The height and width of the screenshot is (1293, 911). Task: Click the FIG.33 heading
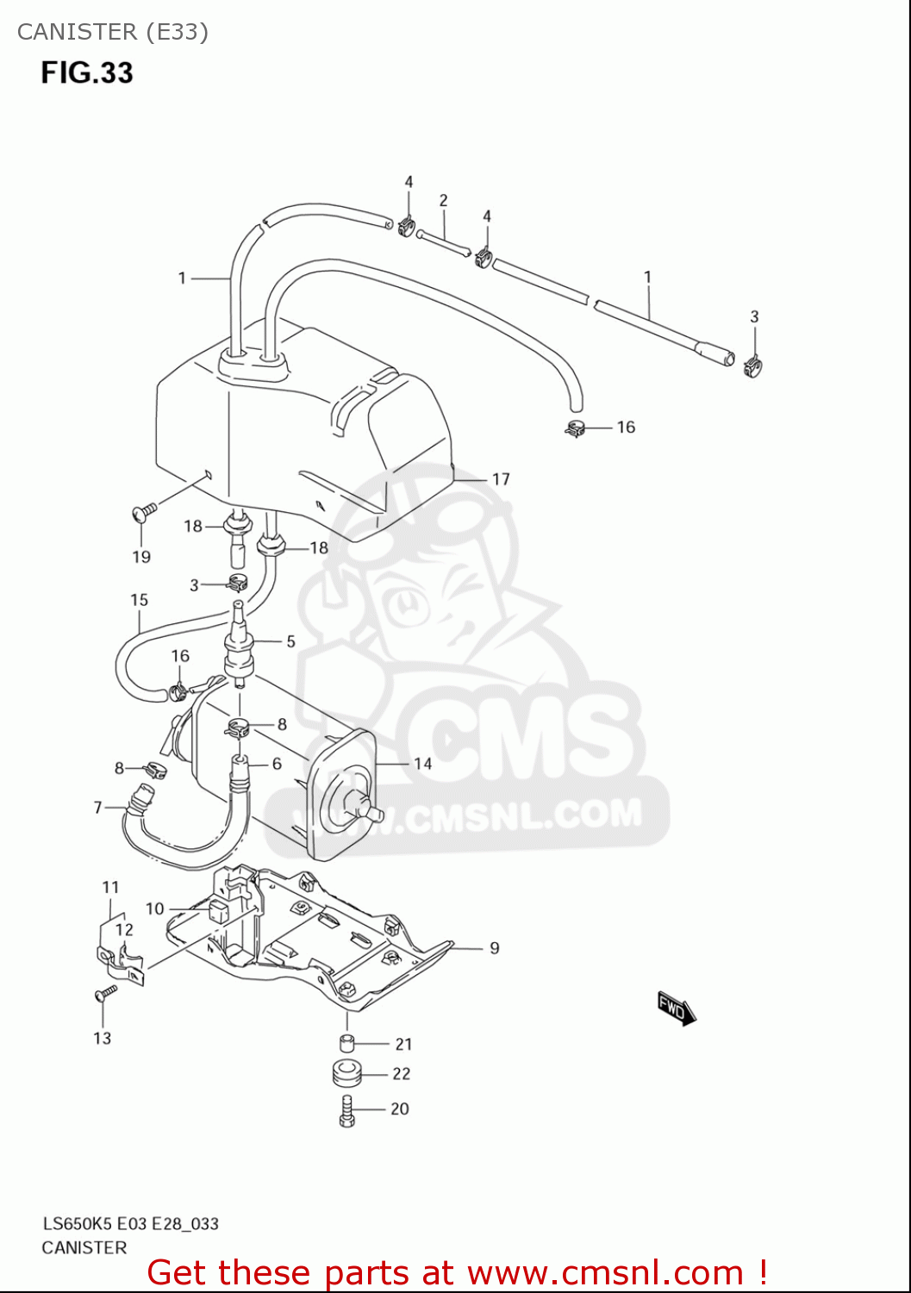pos(87,72)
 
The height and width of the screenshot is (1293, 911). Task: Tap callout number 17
pos(501,479)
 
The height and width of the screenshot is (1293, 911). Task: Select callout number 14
pos(422,764)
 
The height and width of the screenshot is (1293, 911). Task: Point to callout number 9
pos(494,948)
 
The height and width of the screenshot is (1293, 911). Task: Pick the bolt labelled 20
pos(347,1110)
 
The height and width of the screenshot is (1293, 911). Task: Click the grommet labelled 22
pos(347,1075)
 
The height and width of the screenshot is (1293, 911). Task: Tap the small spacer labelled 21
pos(347,1043)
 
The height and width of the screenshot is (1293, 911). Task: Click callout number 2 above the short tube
pos(443,201)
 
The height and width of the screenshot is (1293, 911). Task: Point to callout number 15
pos(140,600)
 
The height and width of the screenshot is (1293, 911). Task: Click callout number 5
pos(291,641)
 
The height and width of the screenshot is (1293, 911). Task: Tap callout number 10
pos(154,909)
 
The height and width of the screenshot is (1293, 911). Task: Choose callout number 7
pos(98,808)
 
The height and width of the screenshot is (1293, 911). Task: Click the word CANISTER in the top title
pos(77,32)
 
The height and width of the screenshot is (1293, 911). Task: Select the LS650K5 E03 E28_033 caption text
pos(130,1223)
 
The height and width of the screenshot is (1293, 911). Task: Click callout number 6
pos(277,764)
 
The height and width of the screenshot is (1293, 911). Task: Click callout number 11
pos(110,887)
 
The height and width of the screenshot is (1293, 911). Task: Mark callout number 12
pos(124,929)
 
